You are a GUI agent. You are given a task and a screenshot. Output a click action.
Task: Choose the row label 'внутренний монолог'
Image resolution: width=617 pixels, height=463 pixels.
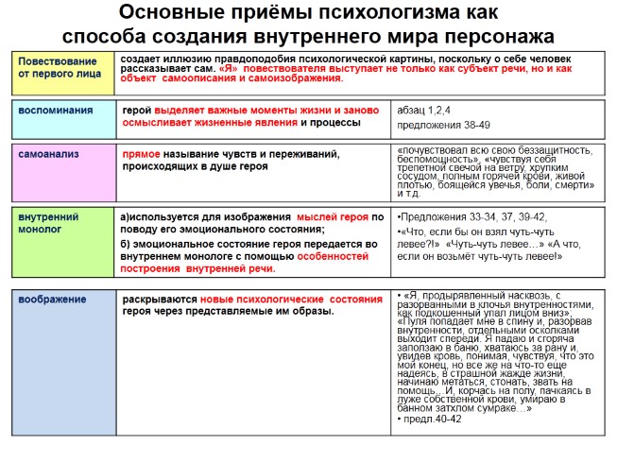click(x=48, y=223)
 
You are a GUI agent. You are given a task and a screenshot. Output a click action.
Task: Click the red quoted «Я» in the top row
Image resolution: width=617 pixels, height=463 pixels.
click(x=230, y=70)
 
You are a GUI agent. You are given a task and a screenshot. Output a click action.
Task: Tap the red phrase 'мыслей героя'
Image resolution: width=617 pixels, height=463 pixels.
click(x=331, y=216)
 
